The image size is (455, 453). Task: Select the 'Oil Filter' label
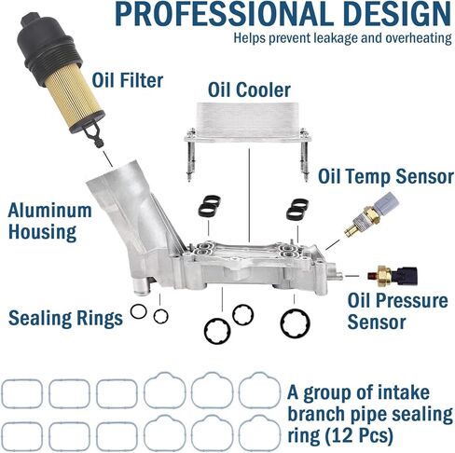[128, 81]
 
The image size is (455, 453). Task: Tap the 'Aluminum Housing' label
[51, 222]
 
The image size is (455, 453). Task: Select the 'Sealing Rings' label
[65, 318]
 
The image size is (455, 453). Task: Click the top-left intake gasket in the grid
[22, 392]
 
